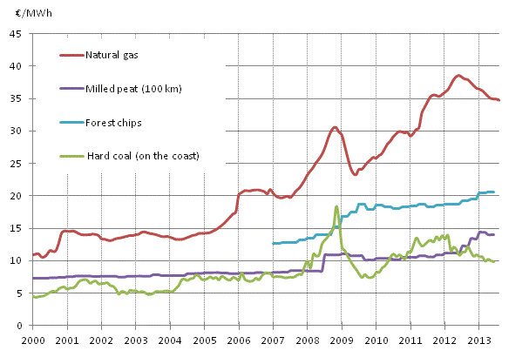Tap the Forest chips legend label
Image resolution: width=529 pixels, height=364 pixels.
point(116,123)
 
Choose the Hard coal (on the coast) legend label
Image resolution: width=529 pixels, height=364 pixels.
point(143,156)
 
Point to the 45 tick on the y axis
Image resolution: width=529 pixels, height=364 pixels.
point(17,34)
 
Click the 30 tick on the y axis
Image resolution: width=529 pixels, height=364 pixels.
point(17,131)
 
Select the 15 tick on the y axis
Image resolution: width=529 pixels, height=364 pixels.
point(17,229)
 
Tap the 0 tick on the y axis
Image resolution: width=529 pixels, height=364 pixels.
point(19,326)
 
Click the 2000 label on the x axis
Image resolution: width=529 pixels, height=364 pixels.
point(32,340)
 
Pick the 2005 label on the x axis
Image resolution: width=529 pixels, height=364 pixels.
point(204,340)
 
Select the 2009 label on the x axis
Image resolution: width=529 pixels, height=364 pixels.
point(342,340)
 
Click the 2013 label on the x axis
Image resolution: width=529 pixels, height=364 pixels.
point(479,340)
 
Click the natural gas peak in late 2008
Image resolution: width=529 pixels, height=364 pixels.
point(335,127)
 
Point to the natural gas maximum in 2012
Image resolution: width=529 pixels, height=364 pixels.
point(459,76)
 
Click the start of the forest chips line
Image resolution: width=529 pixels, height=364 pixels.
point(273,243)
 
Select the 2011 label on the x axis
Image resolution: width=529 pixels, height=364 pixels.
point(410,340)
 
